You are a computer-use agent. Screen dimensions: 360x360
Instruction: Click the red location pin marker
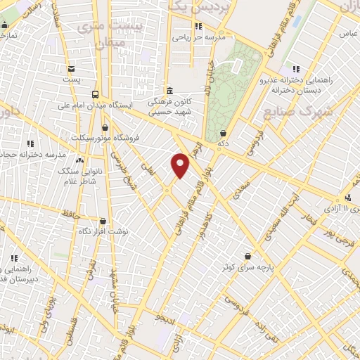coord(181,165)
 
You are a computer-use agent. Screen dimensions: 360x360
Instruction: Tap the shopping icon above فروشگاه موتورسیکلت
coord(105,127)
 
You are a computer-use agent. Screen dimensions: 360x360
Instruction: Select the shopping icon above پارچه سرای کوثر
coord(247,257)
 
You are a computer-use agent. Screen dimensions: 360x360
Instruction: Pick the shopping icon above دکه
coord(223,132)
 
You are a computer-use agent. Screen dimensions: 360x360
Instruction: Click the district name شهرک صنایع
coord(288,112)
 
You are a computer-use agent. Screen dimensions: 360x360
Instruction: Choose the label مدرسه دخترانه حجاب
coord(35,153)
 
